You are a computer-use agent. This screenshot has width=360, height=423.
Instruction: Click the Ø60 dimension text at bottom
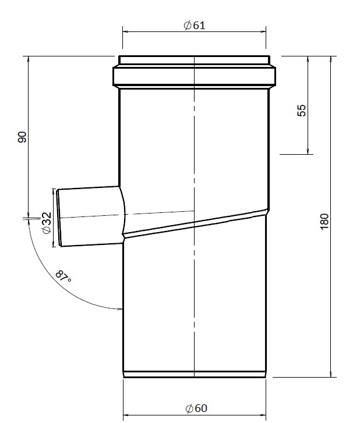(x=195, y=408)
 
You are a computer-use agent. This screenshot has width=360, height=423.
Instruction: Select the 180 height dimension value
(x=324, y=221)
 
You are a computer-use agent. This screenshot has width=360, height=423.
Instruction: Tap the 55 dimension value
(x=301, y=111)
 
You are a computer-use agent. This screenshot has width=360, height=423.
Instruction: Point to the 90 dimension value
(x=22, y=137)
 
